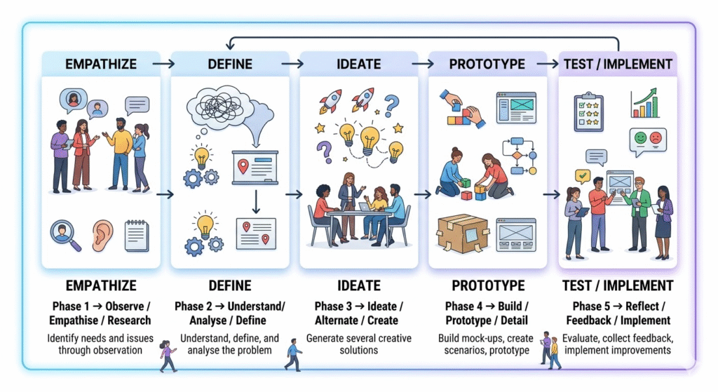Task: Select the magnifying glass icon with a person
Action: click(x=67, y=236)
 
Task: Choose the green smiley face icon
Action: click(x=638, y=137)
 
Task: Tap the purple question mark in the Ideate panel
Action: click(x=324, y=151)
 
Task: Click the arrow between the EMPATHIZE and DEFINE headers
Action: click(x=162, y=64)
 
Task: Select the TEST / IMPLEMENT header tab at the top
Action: click(x=618, y=64)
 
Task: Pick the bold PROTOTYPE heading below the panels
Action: click(x=488, y=285)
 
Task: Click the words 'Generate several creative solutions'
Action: click(x=358, y=344)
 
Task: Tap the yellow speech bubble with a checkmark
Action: click(x=582, y=176)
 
